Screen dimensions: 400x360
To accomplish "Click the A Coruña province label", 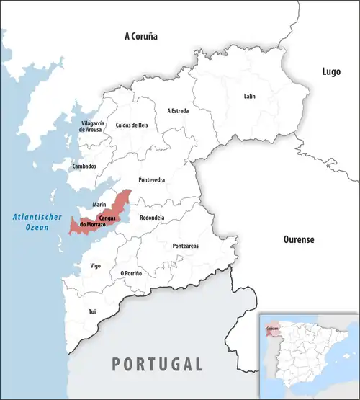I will pos(140,35).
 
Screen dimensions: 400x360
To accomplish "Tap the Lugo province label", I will pos(331,71).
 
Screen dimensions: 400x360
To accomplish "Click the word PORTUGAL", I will pos(156,363).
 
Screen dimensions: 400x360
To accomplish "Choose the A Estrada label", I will pos(179,111).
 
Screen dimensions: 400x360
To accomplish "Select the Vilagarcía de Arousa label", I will pos(93,127).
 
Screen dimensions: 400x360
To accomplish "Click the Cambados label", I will pos(84,166).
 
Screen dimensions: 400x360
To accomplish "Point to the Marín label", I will pos(100,204).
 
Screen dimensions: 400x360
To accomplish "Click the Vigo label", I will pos(96,266).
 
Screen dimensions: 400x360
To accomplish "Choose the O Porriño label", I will pos(131,273).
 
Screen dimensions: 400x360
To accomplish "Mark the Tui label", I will pos(91,311).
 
